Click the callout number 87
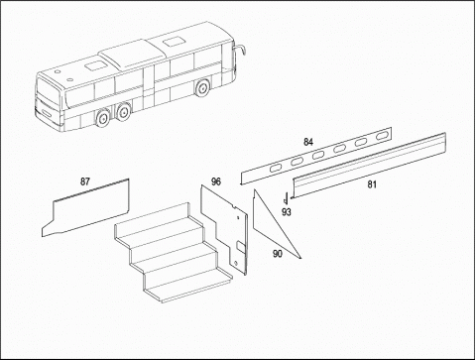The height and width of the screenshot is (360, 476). click(x=85, y=181)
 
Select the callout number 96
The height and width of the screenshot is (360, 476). click(x=216, y=181)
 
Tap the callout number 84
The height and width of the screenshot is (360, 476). click(x=308, y=142)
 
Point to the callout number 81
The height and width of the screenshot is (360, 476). click(x=372, y=184)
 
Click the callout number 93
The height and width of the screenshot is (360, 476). click(x=287, y=212)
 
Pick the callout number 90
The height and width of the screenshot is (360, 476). click(x=278, y=254)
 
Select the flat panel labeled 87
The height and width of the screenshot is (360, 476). click(x=87, y=209)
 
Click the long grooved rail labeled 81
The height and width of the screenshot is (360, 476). click(x=369, y=166)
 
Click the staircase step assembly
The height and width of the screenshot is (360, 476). click(x=172, y=253)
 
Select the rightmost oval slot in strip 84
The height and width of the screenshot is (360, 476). click(x=382, y=137)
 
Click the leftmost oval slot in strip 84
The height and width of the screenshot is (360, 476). click(x=276, y=169)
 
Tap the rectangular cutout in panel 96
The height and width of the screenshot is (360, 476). click(x=241, y=248)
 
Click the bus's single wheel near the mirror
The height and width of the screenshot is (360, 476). click(x=202, y=88)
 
